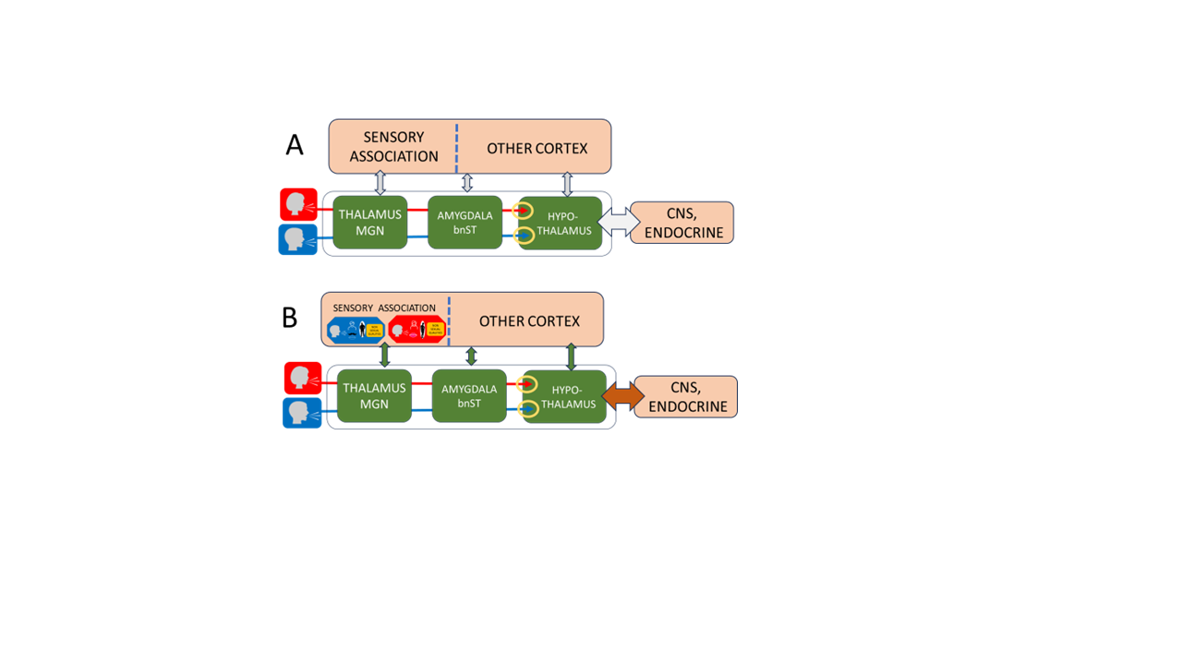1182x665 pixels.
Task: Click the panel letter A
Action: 295,145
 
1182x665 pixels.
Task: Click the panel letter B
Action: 289,318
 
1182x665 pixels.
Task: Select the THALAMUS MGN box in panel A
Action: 370,222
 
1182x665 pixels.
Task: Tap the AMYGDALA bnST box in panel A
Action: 465,223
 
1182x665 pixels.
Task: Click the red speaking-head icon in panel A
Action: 298,204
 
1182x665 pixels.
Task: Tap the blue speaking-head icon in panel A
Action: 297,239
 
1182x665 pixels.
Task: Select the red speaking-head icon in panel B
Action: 302,378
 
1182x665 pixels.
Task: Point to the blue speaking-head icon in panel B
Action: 302,413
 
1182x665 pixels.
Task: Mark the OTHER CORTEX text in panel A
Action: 537,148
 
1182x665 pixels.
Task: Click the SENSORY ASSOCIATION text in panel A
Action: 394,147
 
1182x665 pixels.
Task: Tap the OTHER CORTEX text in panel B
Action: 529,321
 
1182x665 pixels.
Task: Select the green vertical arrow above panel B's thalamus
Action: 385,356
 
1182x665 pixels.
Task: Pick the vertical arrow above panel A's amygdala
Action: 467,183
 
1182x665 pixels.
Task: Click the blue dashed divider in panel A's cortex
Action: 456,147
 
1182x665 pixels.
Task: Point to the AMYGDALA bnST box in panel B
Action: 469,396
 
